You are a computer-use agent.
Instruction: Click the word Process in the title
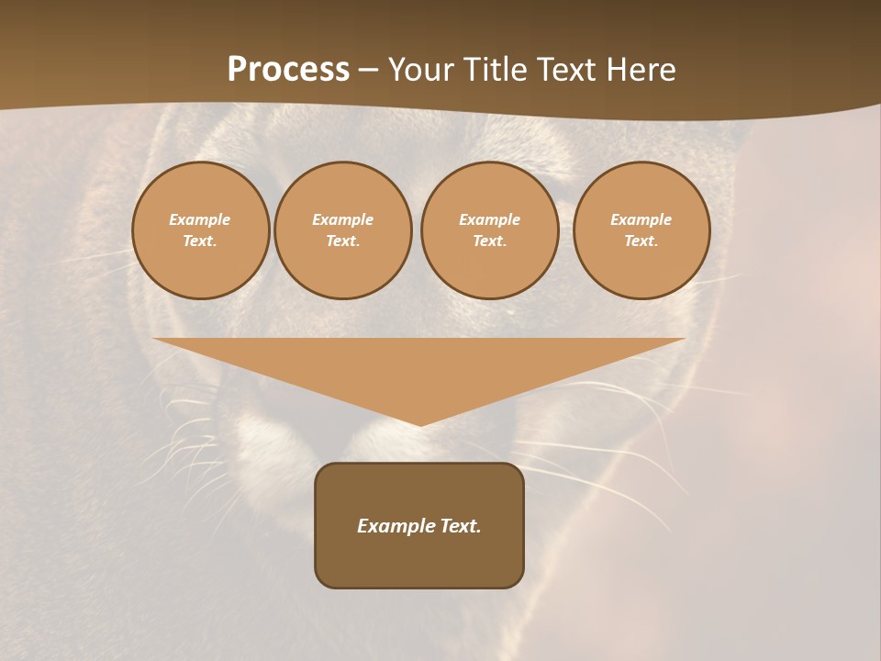(x=288, y=70)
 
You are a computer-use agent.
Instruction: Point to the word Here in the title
(x=641, y=70)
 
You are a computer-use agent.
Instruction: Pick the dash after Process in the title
(x=368, y=71)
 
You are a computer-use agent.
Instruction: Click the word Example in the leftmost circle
(x=200, y=219)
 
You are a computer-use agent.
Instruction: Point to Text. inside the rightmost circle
(x=641, y=241)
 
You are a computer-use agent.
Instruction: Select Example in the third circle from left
(x=490, y=219)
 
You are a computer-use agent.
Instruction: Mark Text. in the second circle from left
(x=343, y=241)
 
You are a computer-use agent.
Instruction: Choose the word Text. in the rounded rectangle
(x=461, y=526)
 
